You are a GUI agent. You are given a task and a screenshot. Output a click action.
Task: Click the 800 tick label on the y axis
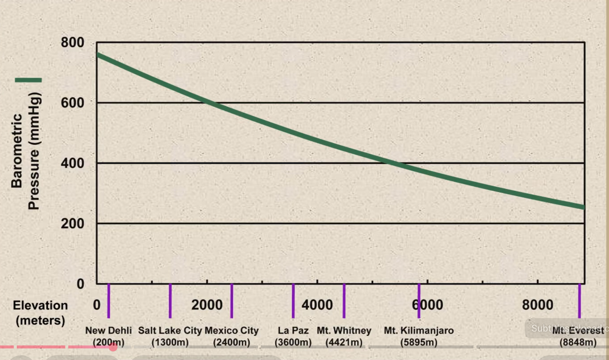[x=72, y=43]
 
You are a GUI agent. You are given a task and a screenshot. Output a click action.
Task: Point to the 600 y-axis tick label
[x=72, y=103]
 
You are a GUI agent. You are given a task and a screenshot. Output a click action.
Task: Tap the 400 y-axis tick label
[x=72, y=163]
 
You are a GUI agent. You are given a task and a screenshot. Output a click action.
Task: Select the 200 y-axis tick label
[x=72, y=224]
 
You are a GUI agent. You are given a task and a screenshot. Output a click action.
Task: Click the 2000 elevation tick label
[x=207, y=305]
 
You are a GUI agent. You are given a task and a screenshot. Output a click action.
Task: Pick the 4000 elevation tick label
[x=317, y=305]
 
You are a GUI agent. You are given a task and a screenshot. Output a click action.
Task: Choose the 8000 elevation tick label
[x=537, y=305]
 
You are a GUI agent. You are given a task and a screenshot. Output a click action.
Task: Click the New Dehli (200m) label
[x=109, y=336]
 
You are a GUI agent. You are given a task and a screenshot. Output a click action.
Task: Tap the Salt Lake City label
[x=170, y=336]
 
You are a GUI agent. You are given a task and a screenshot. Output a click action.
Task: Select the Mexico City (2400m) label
[x=232, y=336]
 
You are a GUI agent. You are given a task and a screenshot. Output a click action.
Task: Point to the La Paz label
[x=293, y=336]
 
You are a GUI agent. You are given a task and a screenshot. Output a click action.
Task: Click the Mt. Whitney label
[x=344, y=336]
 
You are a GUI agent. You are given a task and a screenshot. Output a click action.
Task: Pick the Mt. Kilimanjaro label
[x=419, y=336]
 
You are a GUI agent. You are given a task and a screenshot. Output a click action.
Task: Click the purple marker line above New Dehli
[x=109, y=301]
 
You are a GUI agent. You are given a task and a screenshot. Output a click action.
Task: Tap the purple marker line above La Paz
[x=293, y=301]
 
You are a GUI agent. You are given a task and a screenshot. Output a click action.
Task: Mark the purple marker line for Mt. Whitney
[x=344, y=301]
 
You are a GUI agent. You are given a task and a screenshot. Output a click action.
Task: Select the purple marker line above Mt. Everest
[x=580, y=301]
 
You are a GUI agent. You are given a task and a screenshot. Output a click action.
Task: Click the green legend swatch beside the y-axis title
[x=28, y=80]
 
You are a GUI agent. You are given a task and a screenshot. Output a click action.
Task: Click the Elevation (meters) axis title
[x=40, y=313]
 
